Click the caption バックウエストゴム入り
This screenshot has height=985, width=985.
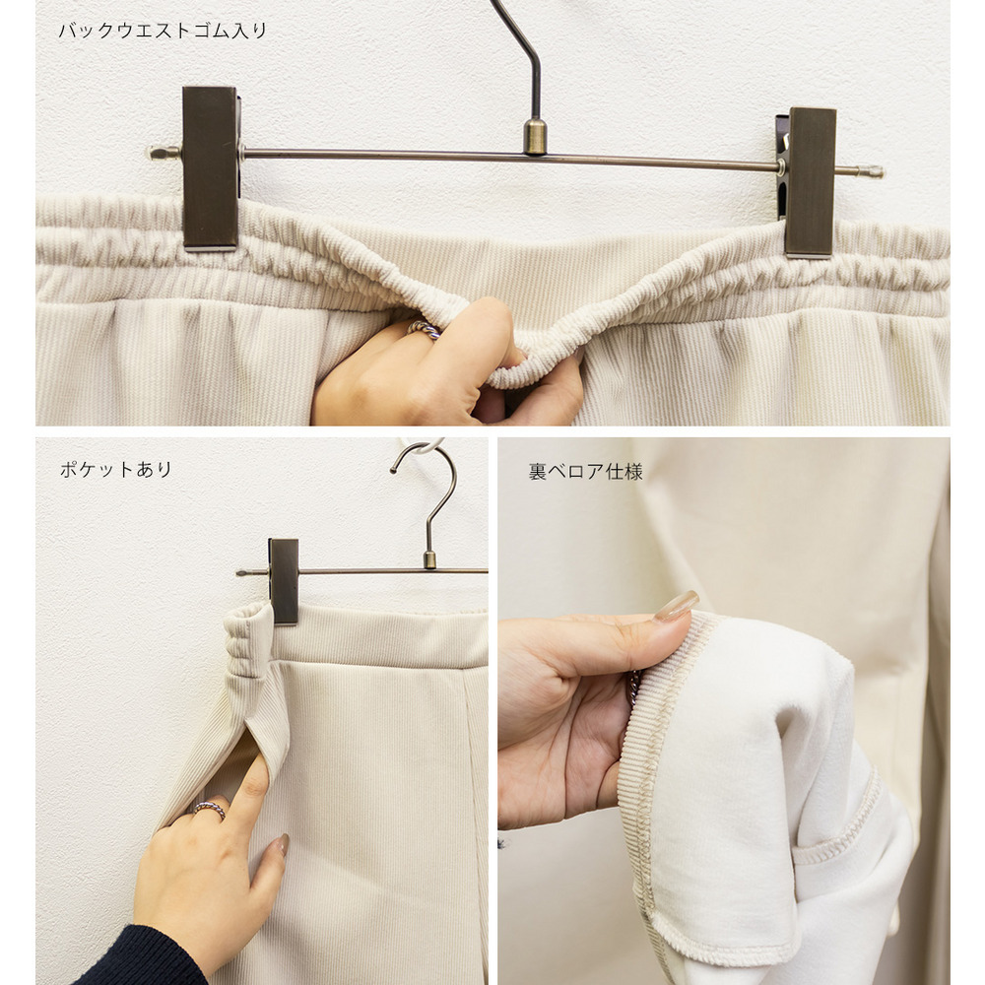[163, 31]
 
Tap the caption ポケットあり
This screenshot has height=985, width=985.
[115, 469]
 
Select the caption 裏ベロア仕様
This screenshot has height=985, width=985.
[585, 472]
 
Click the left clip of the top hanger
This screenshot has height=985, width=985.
[211, 168]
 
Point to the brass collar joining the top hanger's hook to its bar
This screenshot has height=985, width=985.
[535, 136]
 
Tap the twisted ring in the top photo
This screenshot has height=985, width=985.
[424, 329]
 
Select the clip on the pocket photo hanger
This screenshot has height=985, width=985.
[284, 580]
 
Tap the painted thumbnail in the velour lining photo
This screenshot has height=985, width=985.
[676, 606]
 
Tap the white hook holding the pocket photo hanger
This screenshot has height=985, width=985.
[423, 445]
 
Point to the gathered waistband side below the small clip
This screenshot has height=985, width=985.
[250, 641]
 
